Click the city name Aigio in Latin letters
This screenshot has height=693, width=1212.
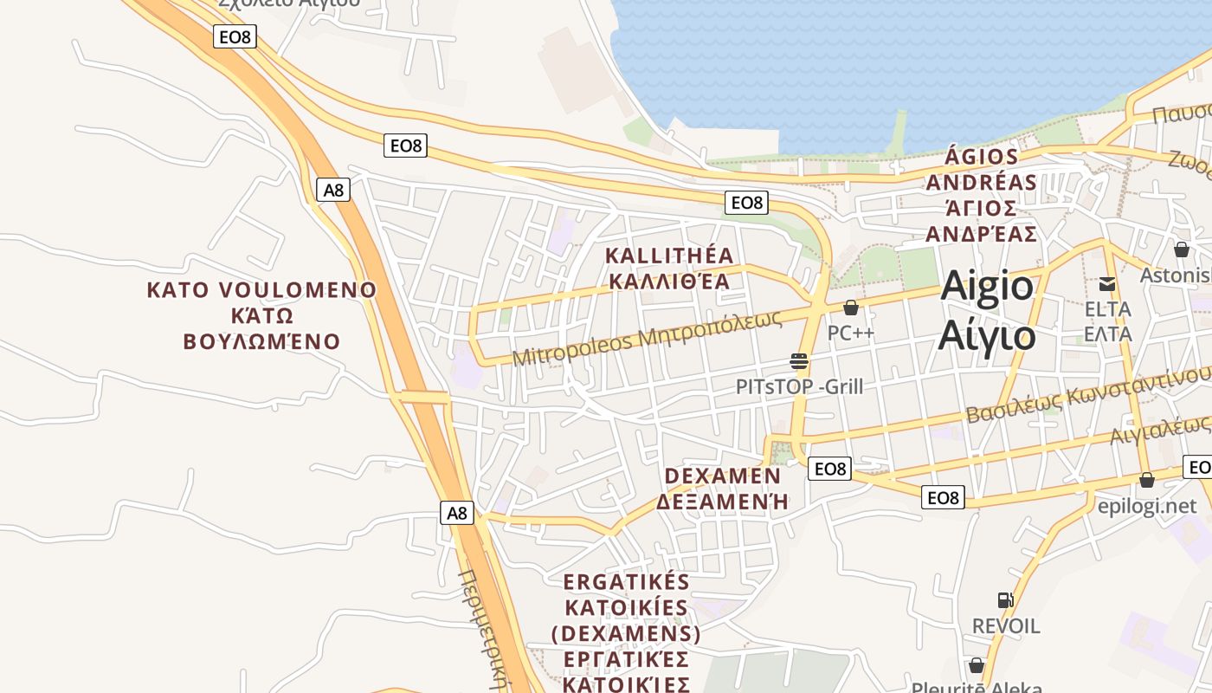pyautogui.click(x=987, y=286)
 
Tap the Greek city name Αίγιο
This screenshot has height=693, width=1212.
pyautogui.click(x=987, y=335)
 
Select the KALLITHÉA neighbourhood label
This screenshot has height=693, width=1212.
pyautogui.click(x=669, y=256)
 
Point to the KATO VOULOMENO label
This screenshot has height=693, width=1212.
pyautogui.click(x=261, y=290)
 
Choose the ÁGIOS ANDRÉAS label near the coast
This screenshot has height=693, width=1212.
pyautogui.click(x=981, y=170)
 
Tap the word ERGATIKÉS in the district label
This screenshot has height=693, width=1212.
pyautogui.click(x=626, y=581)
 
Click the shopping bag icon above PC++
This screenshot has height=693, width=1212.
pyautogui.click(x=851, y=308)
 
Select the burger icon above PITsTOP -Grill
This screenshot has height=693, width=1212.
pyautogui.click(x=798, y=361)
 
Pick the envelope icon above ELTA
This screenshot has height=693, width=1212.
pyautogui.click(x=1107, y=284)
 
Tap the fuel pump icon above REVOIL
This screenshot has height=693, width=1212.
pyautogui.click(x=1005, y=600)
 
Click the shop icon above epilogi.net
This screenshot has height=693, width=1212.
pyautogui.click(x=1147, y=480)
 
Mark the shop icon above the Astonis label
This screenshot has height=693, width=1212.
pyautogui.click(x=1182, y=249)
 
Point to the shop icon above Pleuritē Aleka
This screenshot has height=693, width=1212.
pyautogui.click(x=977, y=665)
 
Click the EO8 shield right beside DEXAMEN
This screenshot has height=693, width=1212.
pyautogui.click(x=829, y=469)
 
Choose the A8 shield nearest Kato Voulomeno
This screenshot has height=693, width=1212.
pyautogui.click(x=333, y=190)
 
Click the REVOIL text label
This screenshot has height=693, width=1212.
pyautogui.click(x=1005, y=625)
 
